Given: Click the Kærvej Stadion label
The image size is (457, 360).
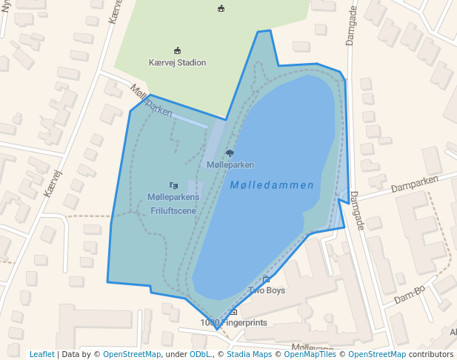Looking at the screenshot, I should click(177, 63).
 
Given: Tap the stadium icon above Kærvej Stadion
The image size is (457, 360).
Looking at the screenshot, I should click(177, 50).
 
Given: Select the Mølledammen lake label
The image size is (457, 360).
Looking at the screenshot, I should click(271, 185).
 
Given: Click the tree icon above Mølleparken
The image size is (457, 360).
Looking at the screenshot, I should click(230, 153).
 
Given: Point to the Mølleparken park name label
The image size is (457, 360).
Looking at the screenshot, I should click(230, 164).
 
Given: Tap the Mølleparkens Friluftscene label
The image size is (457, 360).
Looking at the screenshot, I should click(173, 204).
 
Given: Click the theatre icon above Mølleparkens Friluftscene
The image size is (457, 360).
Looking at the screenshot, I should click(173, 185).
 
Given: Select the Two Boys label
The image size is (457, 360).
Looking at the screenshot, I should click(267, 290).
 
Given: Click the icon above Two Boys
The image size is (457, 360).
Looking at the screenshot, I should click(266, 279).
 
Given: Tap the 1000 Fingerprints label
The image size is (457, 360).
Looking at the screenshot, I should click(233, 323).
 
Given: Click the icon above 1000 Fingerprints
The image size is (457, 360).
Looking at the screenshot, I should click(233, 312).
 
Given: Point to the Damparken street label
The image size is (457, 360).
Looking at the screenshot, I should click(415, 183).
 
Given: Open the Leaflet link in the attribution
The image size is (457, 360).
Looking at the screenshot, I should click(41, 354).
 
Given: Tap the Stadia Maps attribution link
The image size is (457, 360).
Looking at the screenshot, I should click(249, 354).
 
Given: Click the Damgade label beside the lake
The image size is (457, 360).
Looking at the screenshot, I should click(357, 210).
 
